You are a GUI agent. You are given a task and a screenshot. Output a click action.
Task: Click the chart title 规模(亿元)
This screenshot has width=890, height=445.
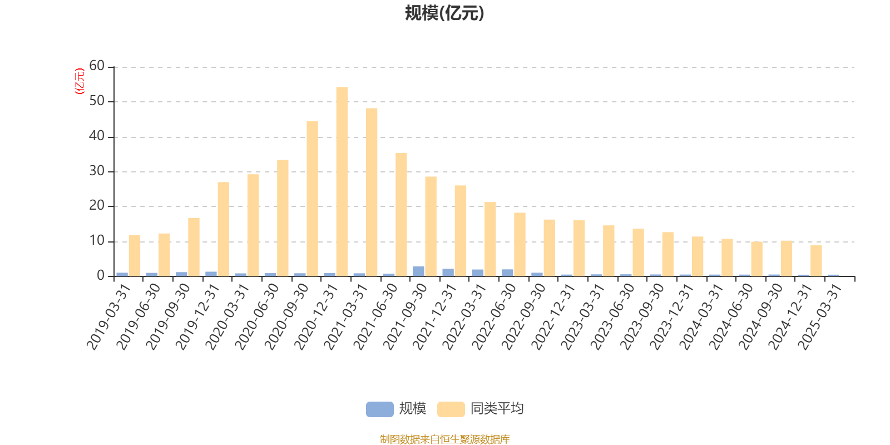pos(444,13)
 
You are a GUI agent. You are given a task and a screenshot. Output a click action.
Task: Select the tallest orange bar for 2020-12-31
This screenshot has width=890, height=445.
pos(342,181)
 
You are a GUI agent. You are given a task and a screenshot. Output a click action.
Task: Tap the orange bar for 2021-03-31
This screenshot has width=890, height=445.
pos(372,192)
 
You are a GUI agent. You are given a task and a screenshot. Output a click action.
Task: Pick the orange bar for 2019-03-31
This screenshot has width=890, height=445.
pos(135,255)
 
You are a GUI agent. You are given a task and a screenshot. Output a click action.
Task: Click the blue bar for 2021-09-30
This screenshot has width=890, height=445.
pos(418,271)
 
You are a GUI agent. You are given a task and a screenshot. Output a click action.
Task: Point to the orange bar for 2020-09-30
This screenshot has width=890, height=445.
pos(313,198)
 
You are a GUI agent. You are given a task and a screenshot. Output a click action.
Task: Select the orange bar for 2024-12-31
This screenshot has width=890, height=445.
pos(816,260)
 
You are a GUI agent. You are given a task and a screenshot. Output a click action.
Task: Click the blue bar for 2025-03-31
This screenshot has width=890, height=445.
pos(833,275)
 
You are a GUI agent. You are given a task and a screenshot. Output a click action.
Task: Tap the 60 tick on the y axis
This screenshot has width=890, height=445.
pos(97,66)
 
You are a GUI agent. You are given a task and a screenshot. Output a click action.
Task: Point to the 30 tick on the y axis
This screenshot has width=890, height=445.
pos(97,171)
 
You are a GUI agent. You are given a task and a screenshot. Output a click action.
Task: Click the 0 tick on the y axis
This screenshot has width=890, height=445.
pos(100,276)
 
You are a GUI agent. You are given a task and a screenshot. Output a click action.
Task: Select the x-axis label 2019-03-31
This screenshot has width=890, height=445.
pos(108,316)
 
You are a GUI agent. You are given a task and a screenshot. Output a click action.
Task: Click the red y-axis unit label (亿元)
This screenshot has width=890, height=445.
pos(80,81)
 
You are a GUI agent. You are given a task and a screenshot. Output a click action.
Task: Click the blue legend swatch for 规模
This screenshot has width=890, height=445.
pos(379,409)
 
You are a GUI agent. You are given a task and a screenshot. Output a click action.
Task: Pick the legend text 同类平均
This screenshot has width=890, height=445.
pos(497,409)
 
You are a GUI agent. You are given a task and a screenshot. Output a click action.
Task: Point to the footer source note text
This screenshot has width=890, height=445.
pos(444,439)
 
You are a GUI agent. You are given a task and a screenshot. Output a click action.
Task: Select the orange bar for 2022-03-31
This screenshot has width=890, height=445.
pos(490,239)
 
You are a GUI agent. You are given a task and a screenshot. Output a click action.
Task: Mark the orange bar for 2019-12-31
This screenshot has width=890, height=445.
pos(224,229)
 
